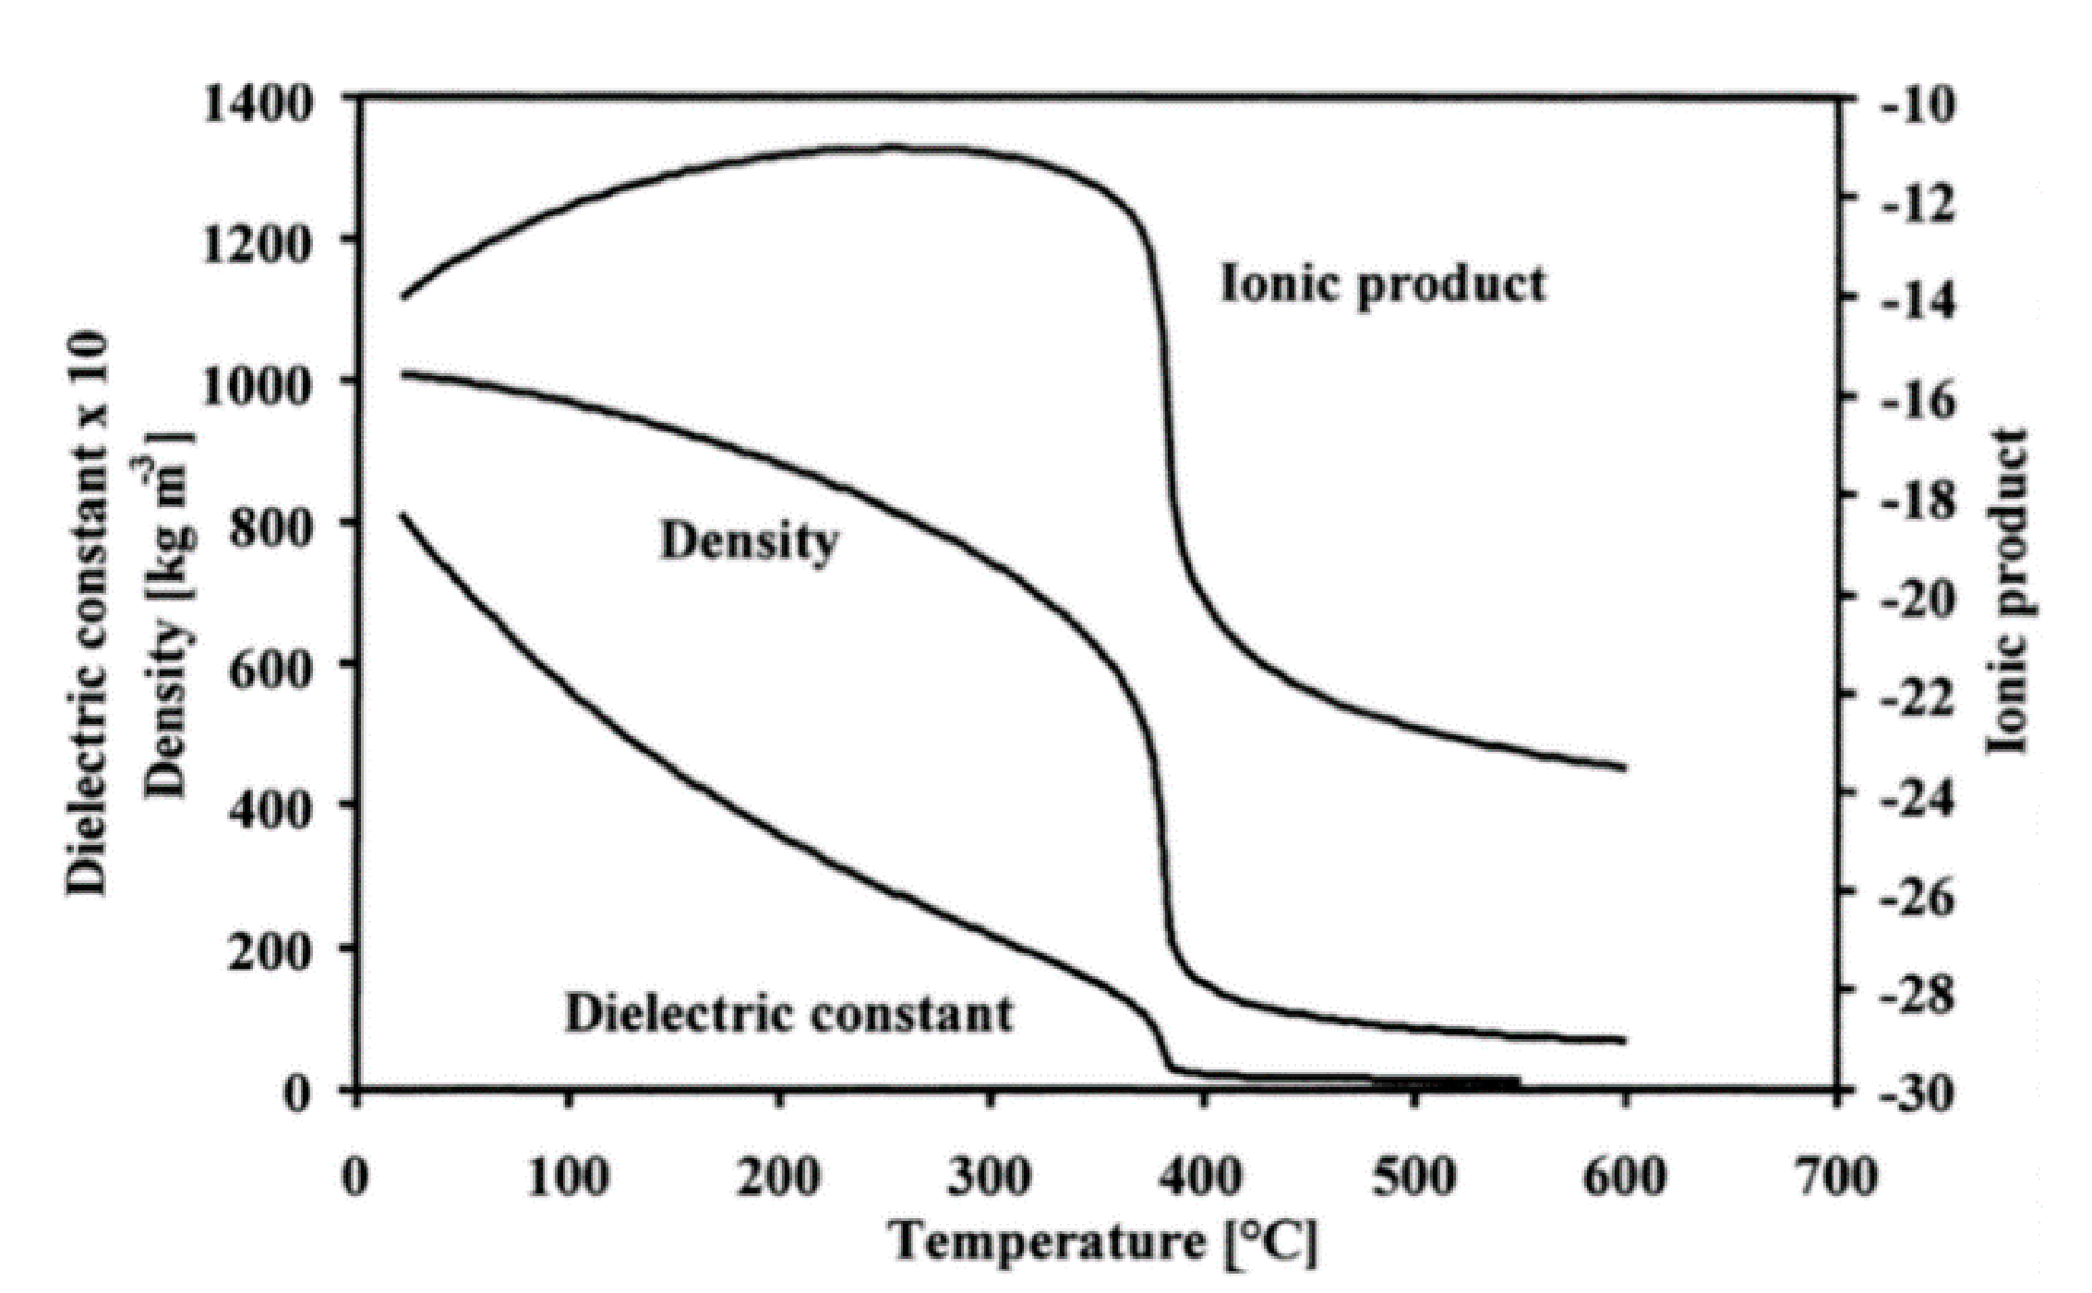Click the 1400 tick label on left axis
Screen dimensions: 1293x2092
258,103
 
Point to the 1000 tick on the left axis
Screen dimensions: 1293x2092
258,387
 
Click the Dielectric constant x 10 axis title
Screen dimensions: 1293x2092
88,614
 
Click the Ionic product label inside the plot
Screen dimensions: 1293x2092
1382,284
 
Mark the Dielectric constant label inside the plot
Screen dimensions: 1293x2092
789,1013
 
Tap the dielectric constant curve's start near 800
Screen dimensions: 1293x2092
403,515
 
